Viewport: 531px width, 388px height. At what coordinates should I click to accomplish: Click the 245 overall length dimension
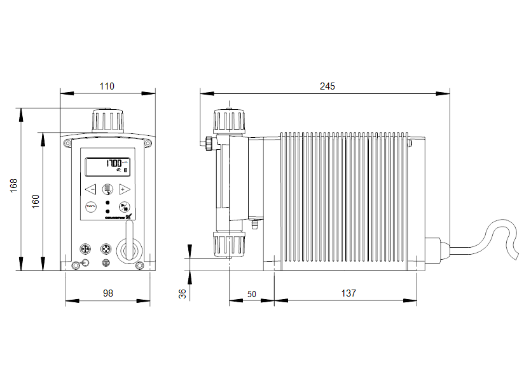point(327,86)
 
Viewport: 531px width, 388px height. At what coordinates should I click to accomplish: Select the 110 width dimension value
point(107,85)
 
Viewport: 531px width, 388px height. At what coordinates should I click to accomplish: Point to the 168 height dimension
point(13,185)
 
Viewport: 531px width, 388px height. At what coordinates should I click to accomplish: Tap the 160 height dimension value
point(36,201)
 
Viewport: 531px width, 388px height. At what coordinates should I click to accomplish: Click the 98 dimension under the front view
point(107,293)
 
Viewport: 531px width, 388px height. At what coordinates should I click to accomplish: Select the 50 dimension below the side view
point(251,294)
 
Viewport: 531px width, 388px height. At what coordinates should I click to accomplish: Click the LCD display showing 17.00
point(107,166)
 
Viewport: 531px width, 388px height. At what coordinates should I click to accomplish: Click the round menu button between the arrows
point(107,189)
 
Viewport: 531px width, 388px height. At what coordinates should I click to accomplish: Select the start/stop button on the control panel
point(125,206)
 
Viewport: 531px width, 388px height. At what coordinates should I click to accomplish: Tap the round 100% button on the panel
point(90,206)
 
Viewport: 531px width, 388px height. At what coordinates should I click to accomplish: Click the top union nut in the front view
point(107,119)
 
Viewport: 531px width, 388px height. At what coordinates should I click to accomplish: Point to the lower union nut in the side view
point(228,244)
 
